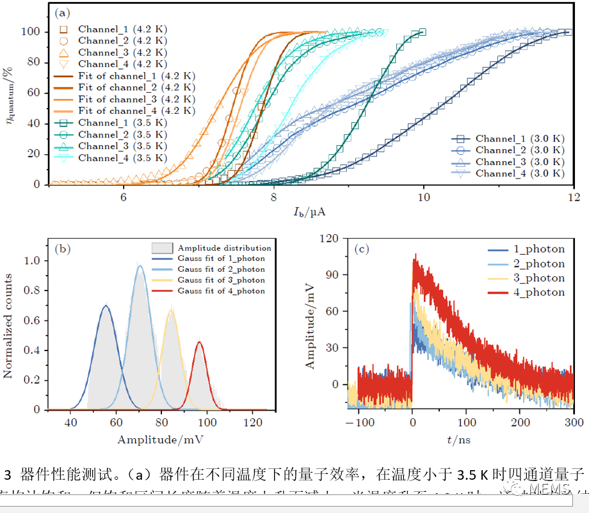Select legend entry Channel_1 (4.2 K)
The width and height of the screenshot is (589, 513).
(x=122, y=29)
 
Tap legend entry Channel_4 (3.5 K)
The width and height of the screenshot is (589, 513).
(x=122, y=158)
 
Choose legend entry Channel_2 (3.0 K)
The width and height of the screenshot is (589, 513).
(x=519, y=150)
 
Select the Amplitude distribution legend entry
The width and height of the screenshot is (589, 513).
(x=224, y=248)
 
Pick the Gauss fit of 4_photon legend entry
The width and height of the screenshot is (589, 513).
(x=221, y=291)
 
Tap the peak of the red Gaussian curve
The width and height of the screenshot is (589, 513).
(x=200, y=342)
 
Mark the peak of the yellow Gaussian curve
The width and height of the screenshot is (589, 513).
(x=171, y=311)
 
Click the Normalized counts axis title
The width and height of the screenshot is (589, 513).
(x=10, y=326)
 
